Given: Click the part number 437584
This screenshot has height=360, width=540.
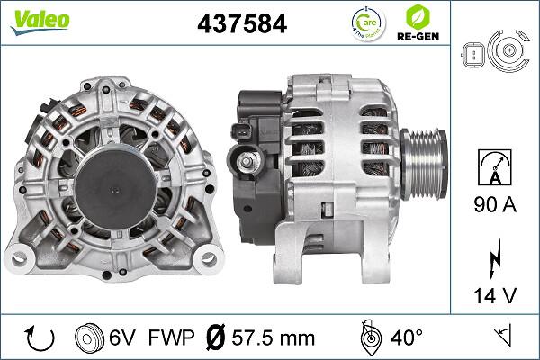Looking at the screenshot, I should point(242,24).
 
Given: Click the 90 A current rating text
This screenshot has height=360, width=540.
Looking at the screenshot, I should point(496,206).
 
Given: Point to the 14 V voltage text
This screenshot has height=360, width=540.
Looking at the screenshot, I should point(496,294).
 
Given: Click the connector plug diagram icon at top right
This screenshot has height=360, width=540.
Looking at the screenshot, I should point(495,56).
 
